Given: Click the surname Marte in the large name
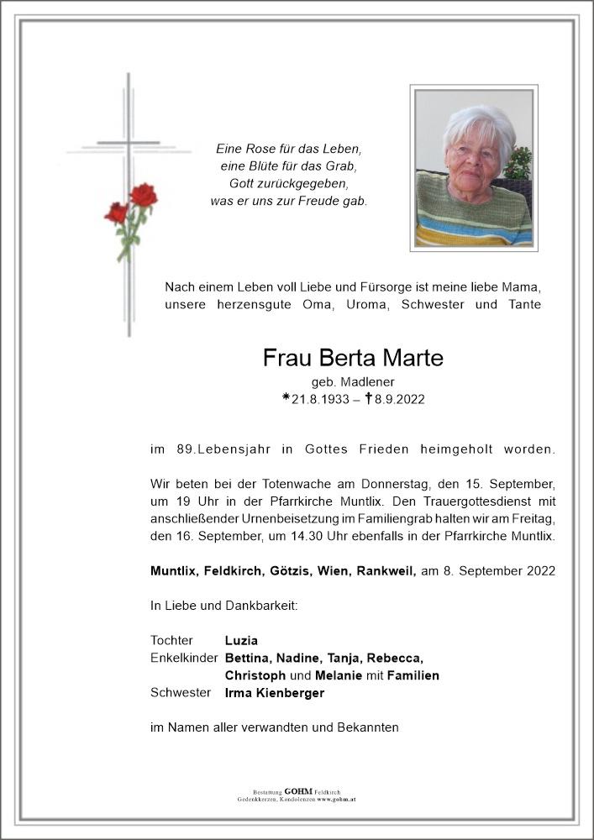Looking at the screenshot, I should tap(405, 359).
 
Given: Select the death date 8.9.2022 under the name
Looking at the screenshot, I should tap(398, 400).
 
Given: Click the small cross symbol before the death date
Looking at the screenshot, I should tap(368, 399).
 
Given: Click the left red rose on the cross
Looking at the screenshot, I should tap(116, 213).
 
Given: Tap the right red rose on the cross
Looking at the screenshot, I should tap(144, 196).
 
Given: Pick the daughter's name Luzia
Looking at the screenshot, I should tap(240, 641).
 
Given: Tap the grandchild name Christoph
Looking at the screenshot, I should tap(255, 675).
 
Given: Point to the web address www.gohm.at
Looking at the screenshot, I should tap(337, 799).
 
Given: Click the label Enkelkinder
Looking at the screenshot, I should tap(184, 658).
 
